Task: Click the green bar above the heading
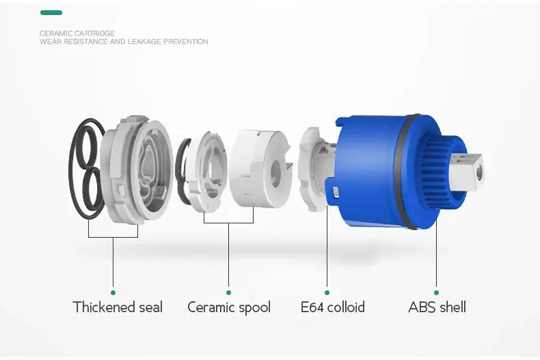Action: [51, 13]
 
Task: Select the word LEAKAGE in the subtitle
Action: [144, 42]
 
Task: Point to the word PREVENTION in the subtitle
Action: [186, 42]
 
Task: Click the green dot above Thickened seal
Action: [113, 292]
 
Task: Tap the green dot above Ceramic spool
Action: [228, 292]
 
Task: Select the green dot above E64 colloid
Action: [327, 292]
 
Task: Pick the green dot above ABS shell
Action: [436, 292]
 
